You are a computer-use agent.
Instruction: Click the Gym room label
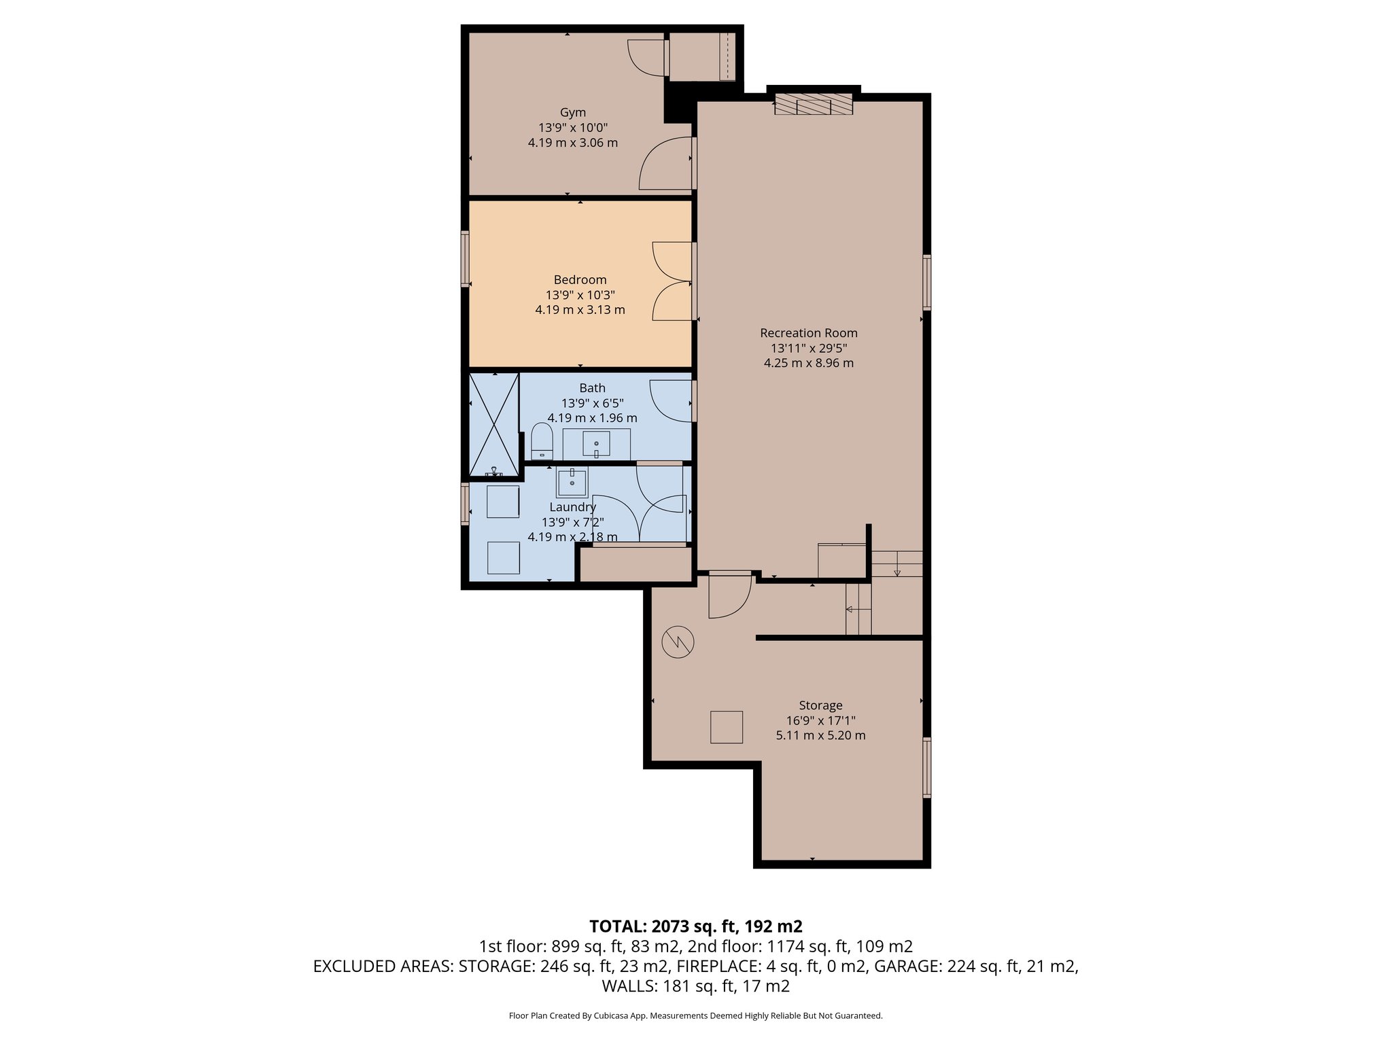pyautogui.click(x=572, y=113)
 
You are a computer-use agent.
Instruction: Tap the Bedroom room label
pyautogui.click(x=580, y=279)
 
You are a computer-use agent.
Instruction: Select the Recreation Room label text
pyautogui.click(x=808, y=333)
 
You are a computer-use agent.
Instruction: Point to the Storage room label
pyautogui.click(x=820, y=706)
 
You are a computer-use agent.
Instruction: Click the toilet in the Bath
pyautogui.click(x=542, y=440)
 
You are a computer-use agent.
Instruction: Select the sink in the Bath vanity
pyautogui.click(x=596, y=445)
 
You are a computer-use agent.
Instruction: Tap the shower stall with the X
pyautogui.click(x=494, y=423)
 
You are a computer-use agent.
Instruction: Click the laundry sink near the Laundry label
pyautogui.click(x=572, y=483)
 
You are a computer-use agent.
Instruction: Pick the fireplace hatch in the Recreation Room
pyautogui.click(x=814, y=105)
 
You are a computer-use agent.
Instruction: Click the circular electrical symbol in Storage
pyautogui.click(x=678, y=642)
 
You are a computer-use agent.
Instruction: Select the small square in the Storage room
pyautogui.click(x=727, y=727)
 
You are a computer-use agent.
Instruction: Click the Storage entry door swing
pyautogui.click(x=730, y=596)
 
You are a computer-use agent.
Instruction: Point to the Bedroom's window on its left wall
pyautogui.click(x=465, y=258)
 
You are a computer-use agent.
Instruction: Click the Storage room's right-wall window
pyautogui.click(x=926, y=767)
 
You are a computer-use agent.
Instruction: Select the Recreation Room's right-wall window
pyautogui.click(x=926, y=282)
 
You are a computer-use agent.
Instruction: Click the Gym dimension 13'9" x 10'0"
pyautogui.click(x=572, y=128)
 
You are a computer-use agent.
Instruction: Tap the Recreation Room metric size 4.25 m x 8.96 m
pyautogui.click(x=808, y=363)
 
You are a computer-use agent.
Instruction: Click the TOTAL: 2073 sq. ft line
pyautogui.click(x=695, y=926)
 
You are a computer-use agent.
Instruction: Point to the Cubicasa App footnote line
pyautogui.click(x=695, y=1016)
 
